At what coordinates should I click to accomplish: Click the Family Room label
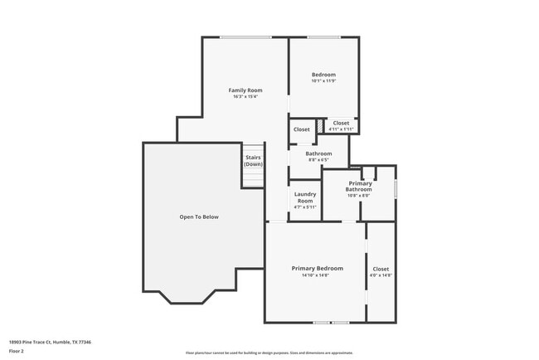245,90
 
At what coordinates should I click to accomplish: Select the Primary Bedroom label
317,269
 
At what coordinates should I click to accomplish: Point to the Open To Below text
199,217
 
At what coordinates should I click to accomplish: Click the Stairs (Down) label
253,161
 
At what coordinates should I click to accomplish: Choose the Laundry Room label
305,197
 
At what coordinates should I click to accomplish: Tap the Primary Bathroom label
358,186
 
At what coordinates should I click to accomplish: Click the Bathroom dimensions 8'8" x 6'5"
318,160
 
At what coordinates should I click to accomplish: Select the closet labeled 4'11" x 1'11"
341,129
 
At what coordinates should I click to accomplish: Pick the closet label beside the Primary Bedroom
381,269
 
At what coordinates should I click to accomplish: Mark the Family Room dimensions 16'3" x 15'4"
245,97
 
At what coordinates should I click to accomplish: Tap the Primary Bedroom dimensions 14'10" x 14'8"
317,275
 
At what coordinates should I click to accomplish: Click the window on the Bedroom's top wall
323,36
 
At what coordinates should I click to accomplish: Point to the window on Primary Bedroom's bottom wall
331,322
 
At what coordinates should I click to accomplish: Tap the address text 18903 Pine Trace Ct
50,342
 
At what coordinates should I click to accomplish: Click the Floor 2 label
17,351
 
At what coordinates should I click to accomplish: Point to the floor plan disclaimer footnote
269,353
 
